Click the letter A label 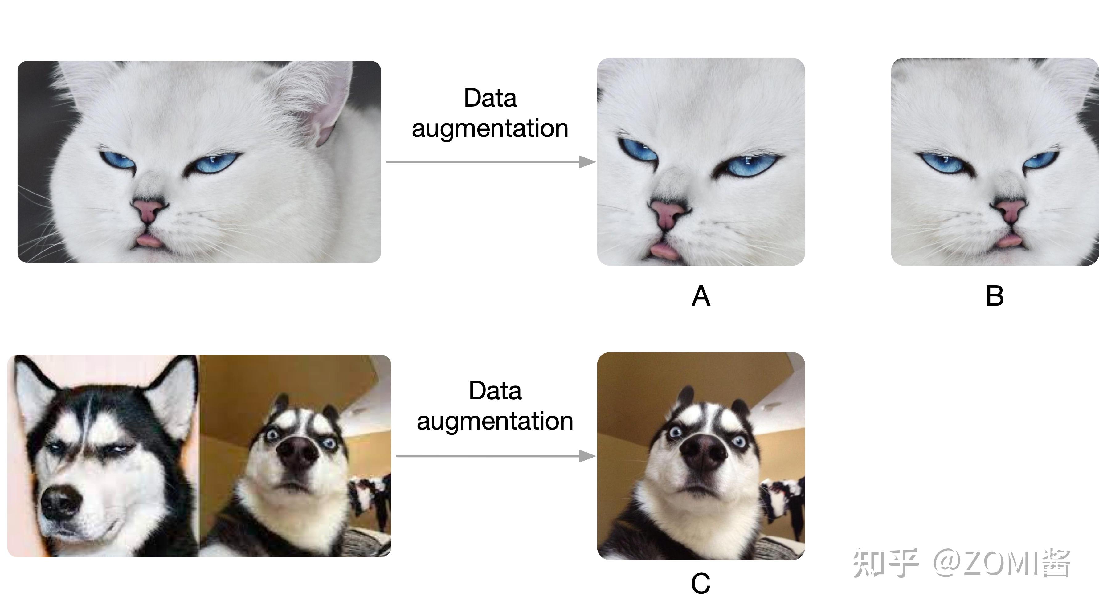[701, 296]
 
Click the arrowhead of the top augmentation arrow [588, 162]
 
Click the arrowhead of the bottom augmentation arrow [588, 456]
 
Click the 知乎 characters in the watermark [885, 564]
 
